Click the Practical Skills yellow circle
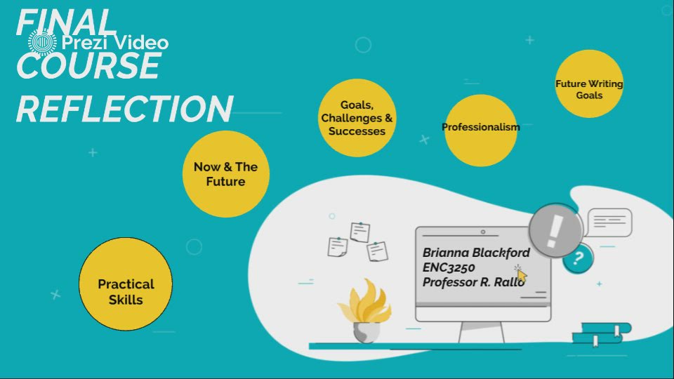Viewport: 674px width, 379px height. coord(126,284)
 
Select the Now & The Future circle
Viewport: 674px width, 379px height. coord(226,174)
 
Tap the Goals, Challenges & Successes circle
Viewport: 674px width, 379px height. coord(357,118)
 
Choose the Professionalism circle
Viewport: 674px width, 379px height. coord(480,131)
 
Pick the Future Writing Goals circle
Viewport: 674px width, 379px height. coord(589,84)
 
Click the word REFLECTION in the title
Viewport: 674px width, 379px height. coord(125,109)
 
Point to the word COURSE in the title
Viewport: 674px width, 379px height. coord(88,65)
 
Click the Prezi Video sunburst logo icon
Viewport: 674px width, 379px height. coord(42,42)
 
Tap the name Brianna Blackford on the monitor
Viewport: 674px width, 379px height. coord(476,253)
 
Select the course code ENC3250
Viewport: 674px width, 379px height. coord(449,267)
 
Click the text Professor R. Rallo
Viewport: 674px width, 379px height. coord(473,282)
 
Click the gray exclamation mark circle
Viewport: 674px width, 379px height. coord(556,231)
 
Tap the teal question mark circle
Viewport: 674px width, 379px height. coord(578,258)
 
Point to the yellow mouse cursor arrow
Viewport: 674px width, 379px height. coord(522,276)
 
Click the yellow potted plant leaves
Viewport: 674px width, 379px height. coord(365,302)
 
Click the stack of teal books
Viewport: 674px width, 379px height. coord(602,334)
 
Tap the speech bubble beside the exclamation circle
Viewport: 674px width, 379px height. coord(609,222)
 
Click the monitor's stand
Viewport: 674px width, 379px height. coord(482,333)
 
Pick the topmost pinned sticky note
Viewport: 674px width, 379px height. coord(359,232)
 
